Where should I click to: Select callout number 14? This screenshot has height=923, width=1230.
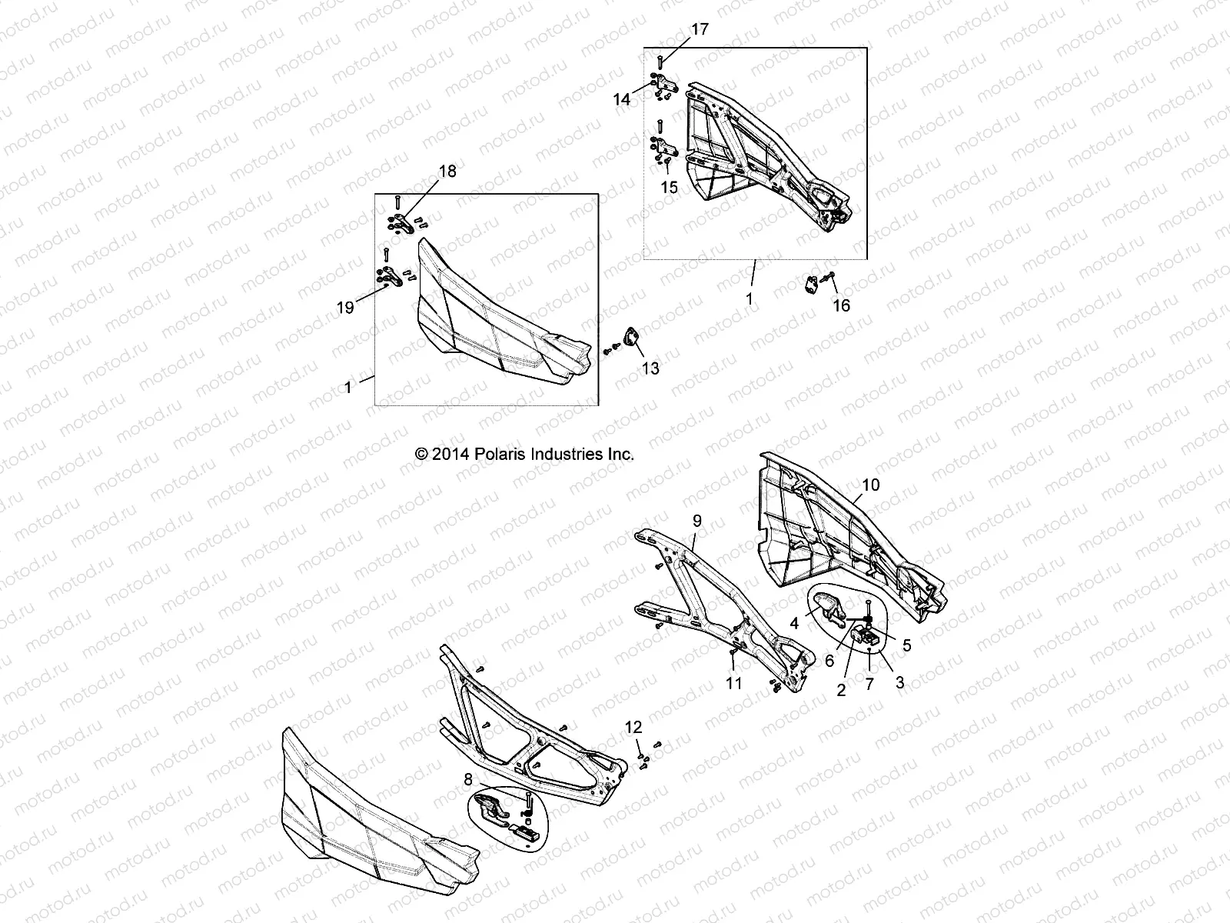621,99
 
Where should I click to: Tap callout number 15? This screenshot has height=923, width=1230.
669,187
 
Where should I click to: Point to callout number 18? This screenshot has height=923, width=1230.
447,171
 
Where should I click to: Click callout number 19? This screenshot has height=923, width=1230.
345,308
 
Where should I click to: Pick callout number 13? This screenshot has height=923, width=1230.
650,369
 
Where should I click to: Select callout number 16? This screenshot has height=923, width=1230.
842,305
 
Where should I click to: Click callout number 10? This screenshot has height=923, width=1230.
870,485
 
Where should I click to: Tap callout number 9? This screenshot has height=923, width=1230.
696,521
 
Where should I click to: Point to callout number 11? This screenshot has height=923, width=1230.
734,682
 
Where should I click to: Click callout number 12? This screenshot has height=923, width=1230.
633,726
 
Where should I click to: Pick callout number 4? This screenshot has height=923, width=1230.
795,624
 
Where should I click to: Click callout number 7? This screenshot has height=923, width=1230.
869,684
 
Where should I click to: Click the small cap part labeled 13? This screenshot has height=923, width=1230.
631,338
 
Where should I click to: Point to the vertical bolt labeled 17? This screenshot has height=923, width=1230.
660,62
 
